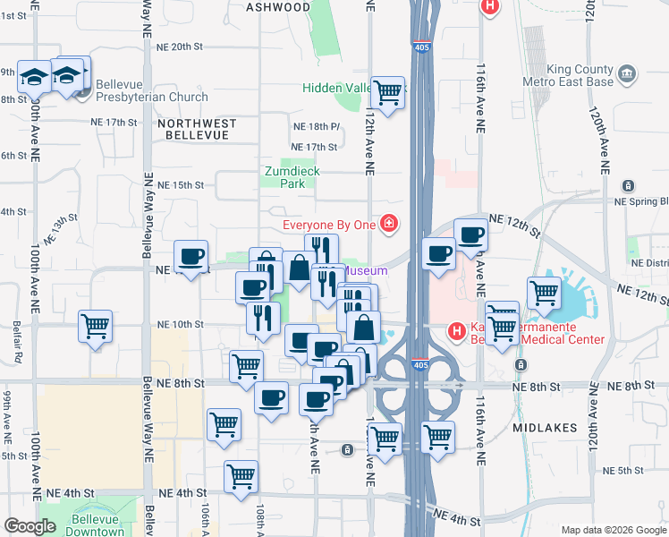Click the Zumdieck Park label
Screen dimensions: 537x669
(x=292, y=177)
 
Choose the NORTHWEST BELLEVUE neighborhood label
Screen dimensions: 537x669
(x=197, y=130)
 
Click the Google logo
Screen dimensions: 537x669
(x=30, y=525)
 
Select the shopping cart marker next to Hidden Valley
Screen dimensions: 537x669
(x=387, y=92)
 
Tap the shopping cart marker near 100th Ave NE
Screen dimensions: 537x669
(x=96, y=326)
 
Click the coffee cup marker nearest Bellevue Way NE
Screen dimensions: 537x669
(x=191, y=257)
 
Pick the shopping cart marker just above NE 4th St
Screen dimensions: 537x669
(x=241, y=477)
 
